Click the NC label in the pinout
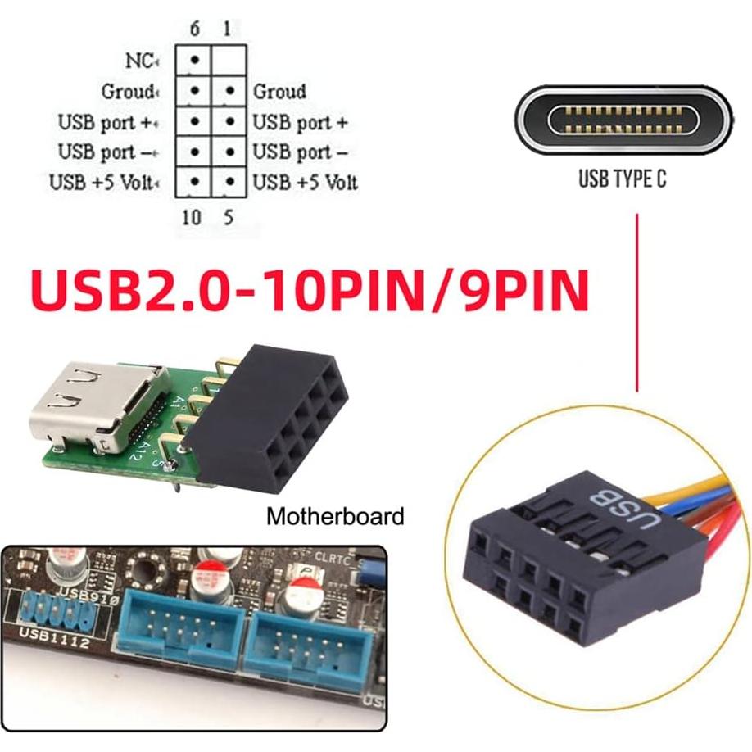tap(139, 61)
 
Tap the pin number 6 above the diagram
tap(194, 29)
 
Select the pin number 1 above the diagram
tap(226, 29)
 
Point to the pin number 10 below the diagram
tap(191, 219)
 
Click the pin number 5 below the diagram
tap(229, 219)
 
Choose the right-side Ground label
tap(279, 91)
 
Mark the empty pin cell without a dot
tap(229, 61)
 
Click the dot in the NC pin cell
tap(195, 61)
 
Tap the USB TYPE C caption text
tap(622, 179)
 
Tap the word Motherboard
tap(335, 517)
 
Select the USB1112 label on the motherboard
tap(52, 642)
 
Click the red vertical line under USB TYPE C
tap(637, 303)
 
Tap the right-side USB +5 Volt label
tap(305, 182)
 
